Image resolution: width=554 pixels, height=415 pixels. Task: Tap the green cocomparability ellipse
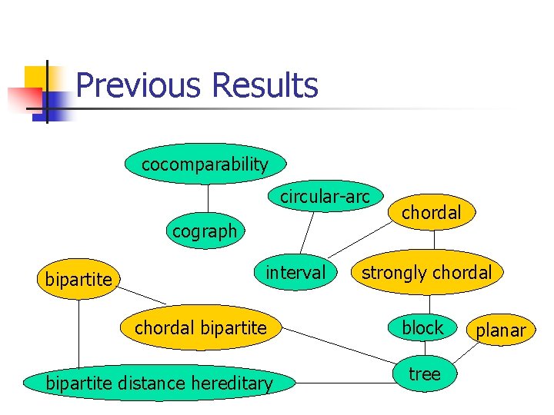pos(205,164)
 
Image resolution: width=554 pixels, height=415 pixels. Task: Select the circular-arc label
pos(325,197)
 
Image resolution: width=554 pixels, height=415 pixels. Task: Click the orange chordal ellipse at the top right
pos(431,213)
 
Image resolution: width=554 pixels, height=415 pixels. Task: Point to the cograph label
pos(205,231)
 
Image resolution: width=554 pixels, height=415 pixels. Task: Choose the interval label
pos(295,272)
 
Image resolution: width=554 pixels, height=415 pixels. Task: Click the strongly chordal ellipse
pos(426,272)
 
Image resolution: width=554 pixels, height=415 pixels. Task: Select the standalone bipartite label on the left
pos(78,280)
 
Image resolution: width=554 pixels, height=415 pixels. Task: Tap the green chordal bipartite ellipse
pos(200,328)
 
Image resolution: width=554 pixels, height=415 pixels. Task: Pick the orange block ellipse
pos(422,328)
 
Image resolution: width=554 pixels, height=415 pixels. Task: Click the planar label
pos(500,330)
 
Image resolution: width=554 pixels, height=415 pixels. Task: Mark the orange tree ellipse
pos(424,374)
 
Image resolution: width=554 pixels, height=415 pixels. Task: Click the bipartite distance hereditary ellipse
pos(159,382)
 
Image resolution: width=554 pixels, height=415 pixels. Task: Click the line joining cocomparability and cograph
pos(207,198)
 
